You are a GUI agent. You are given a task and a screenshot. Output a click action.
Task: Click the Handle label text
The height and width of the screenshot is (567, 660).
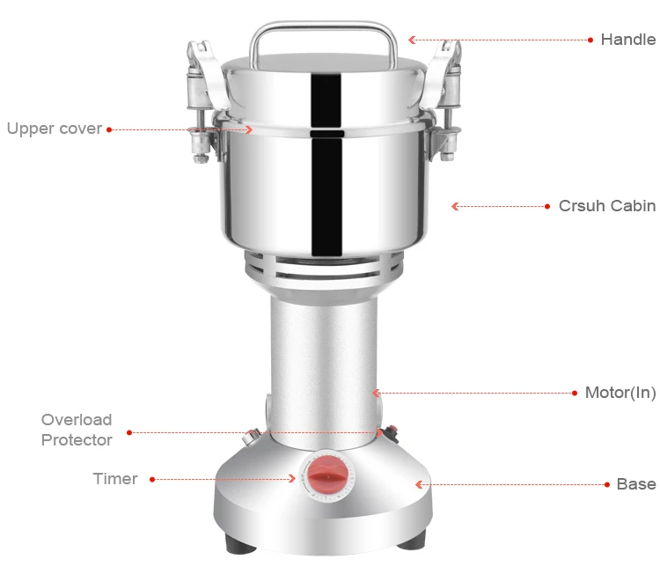(x=628, y=40)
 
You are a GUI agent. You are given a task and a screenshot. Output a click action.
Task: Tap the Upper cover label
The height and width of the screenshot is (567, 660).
(x=55, y=129)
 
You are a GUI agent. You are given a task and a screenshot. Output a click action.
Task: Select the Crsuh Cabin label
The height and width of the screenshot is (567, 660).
(x=607, y=206)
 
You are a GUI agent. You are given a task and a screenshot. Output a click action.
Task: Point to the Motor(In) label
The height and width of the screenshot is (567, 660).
(x=620, y=393)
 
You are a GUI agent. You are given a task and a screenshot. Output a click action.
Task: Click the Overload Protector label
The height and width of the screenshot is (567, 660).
(x=77, y=430)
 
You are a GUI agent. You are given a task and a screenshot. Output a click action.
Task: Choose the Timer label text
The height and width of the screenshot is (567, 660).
(x=115, y=479)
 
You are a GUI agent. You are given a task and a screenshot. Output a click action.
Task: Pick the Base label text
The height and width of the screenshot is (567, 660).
(x=636, y=484)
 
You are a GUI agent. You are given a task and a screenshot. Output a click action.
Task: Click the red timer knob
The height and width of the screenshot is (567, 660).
(x=328, y=476)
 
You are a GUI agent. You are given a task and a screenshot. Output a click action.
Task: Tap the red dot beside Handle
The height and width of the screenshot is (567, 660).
(x=590, y=40)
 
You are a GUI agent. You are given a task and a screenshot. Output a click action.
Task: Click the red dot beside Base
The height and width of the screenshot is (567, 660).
(x=607, y=485)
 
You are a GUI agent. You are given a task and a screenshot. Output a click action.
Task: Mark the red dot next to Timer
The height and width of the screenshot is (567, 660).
(x=152, y=479)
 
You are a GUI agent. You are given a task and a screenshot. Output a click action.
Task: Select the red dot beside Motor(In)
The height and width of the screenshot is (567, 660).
(x=575, y=393)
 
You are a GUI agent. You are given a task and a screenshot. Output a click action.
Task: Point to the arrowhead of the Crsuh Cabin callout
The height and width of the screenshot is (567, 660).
(x=455, y=206)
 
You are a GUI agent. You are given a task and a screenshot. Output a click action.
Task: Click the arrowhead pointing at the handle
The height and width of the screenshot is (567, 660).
(x=412, y=40)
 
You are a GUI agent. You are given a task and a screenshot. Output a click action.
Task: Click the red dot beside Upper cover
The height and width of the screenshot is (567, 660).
(x=109, y=129)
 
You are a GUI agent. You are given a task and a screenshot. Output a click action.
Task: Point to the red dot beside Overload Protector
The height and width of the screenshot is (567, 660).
(x=129, y=432)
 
